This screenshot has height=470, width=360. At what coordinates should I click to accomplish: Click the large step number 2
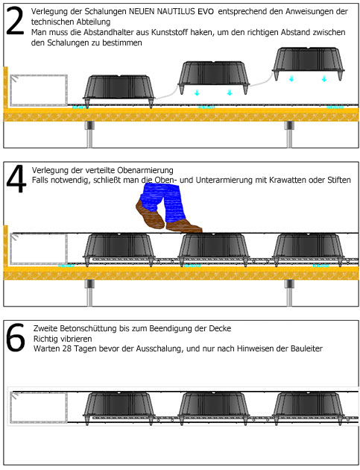coord(15,21)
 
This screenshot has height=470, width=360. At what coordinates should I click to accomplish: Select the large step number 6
coord(16,338)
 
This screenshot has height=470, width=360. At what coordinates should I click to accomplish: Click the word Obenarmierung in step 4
coord(145,170)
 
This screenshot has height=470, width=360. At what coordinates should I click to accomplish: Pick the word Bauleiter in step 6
coord(306,348)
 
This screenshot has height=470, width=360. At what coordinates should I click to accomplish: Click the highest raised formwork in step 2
coord(309,63)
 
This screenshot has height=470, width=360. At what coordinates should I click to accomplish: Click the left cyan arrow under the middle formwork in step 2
coord(197,93)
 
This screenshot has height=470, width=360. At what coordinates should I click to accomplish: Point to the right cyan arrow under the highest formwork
coord(324,79)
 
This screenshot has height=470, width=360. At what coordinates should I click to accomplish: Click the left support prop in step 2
coord(89,134)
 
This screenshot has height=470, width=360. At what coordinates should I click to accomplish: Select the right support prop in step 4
coord(289,292)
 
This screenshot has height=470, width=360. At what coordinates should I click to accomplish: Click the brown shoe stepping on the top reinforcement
coord(184,226)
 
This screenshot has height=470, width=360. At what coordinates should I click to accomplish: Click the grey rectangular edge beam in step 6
coord(39,407)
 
